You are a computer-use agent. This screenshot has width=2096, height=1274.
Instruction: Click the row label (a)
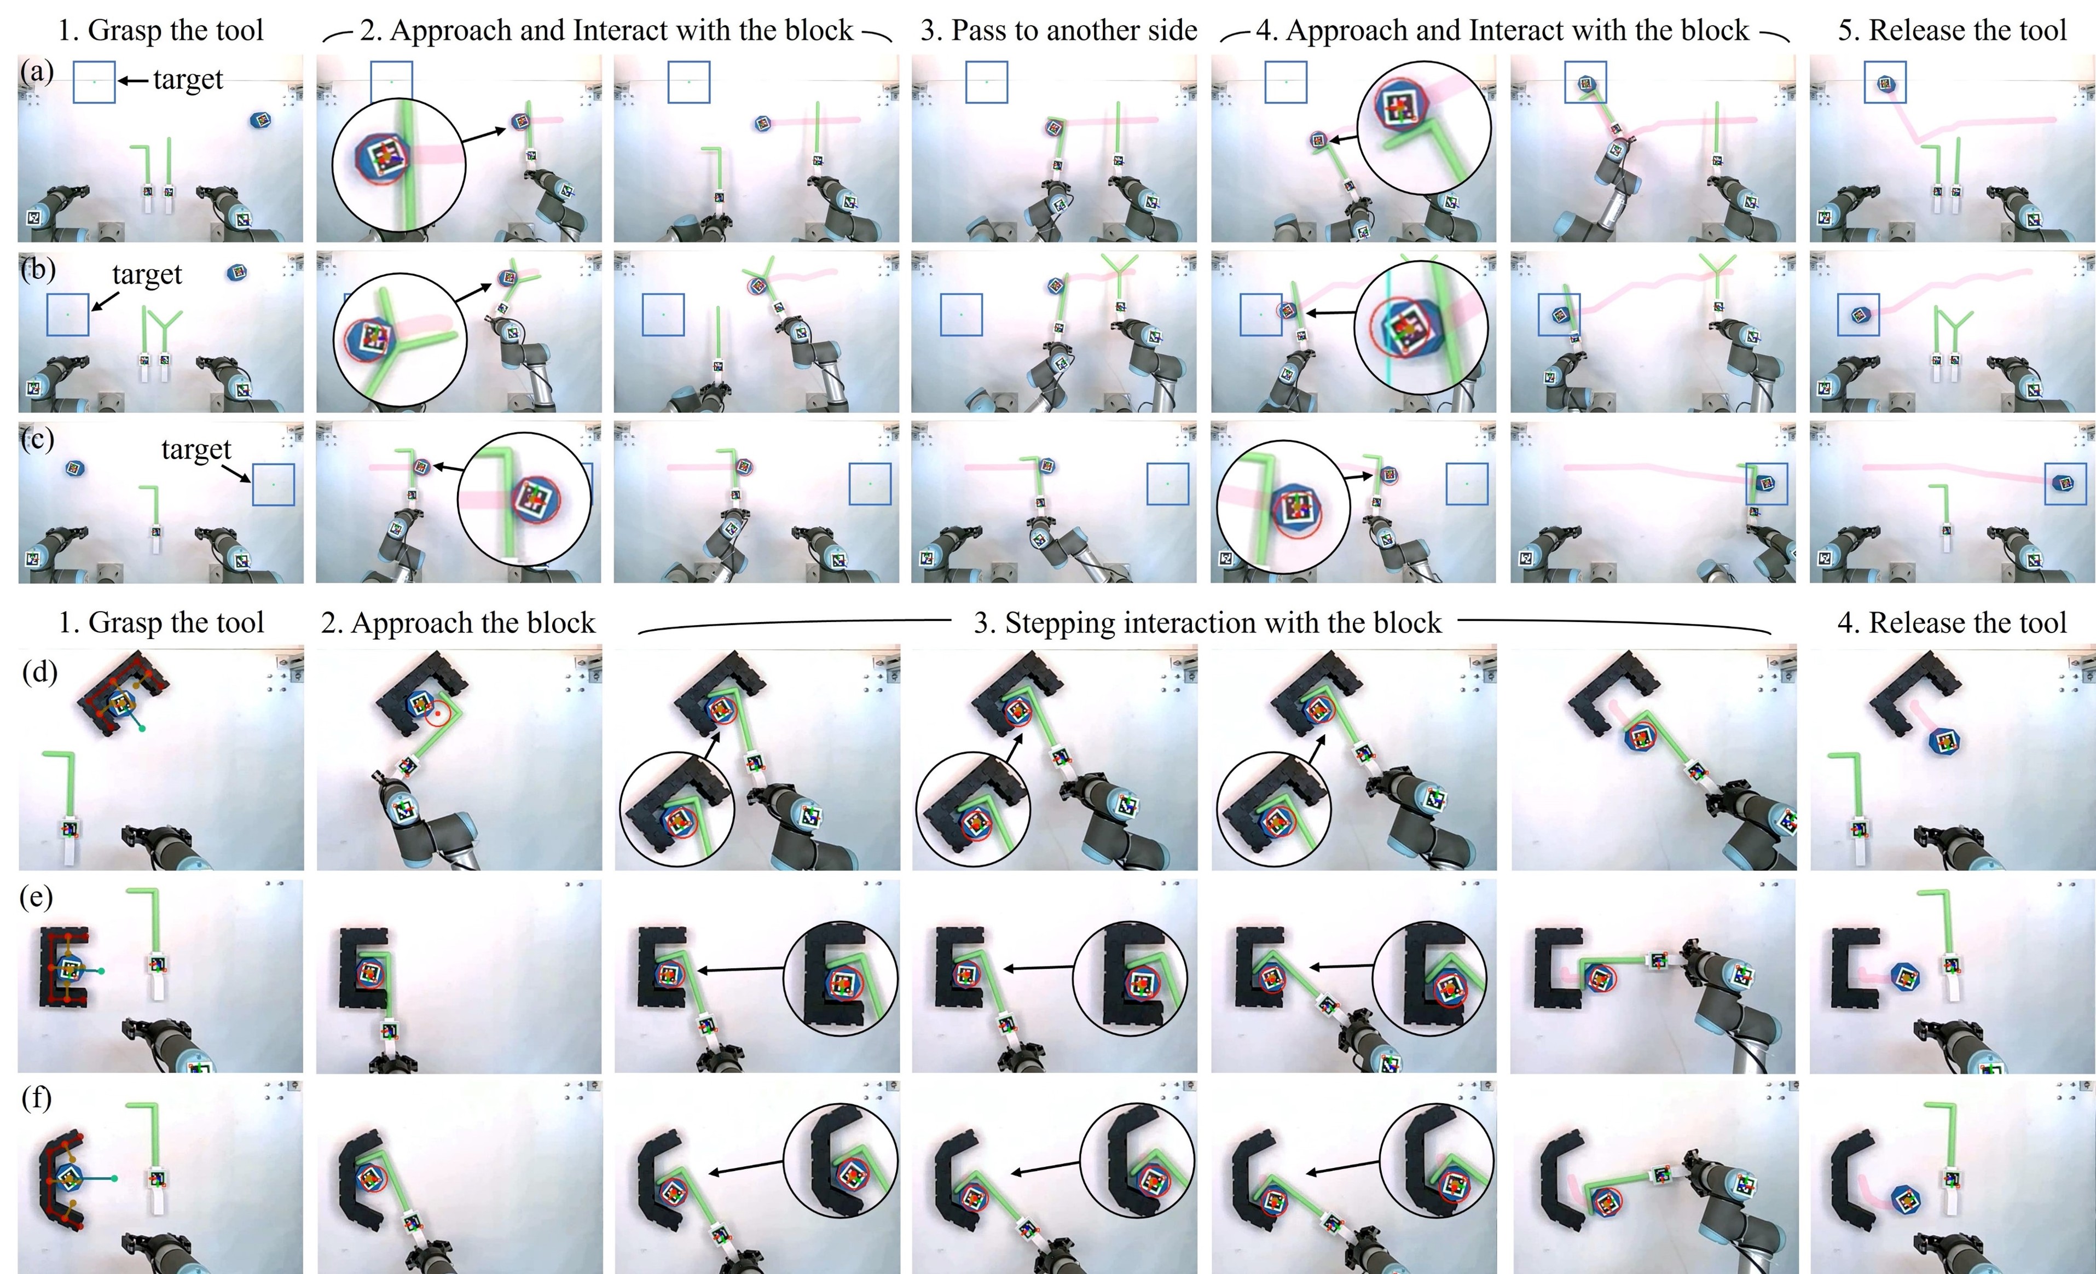click(37, 72)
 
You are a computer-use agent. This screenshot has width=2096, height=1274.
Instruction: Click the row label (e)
click(36, 897)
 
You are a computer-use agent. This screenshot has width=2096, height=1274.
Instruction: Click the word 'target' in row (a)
click(188, 80)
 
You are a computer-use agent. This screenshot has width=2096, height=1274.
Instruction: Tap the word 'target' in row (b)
click(147, 275)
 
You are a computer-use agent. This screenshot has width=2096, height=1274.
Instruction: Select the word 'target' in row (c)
click(196, 450)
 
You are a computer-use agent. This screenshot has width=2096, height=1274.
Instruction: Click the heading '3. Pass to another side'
click(1059, 31)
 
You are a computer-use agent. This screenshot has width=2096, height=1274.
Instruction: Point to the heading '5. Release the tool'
click(1952, 31)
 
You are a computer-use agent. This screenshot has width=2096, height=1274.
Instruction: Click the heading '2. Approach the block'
click(458, 624)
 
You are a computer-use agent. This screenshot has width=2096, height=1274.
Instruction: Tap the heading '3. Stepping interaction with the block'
click(1208, 624)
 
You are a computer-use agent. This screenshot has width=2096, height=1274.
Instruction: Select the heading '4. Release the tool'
click(1952, 624)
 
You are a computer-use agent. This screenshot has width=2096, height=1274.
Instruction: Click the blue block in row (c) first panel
click(76, 468)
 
